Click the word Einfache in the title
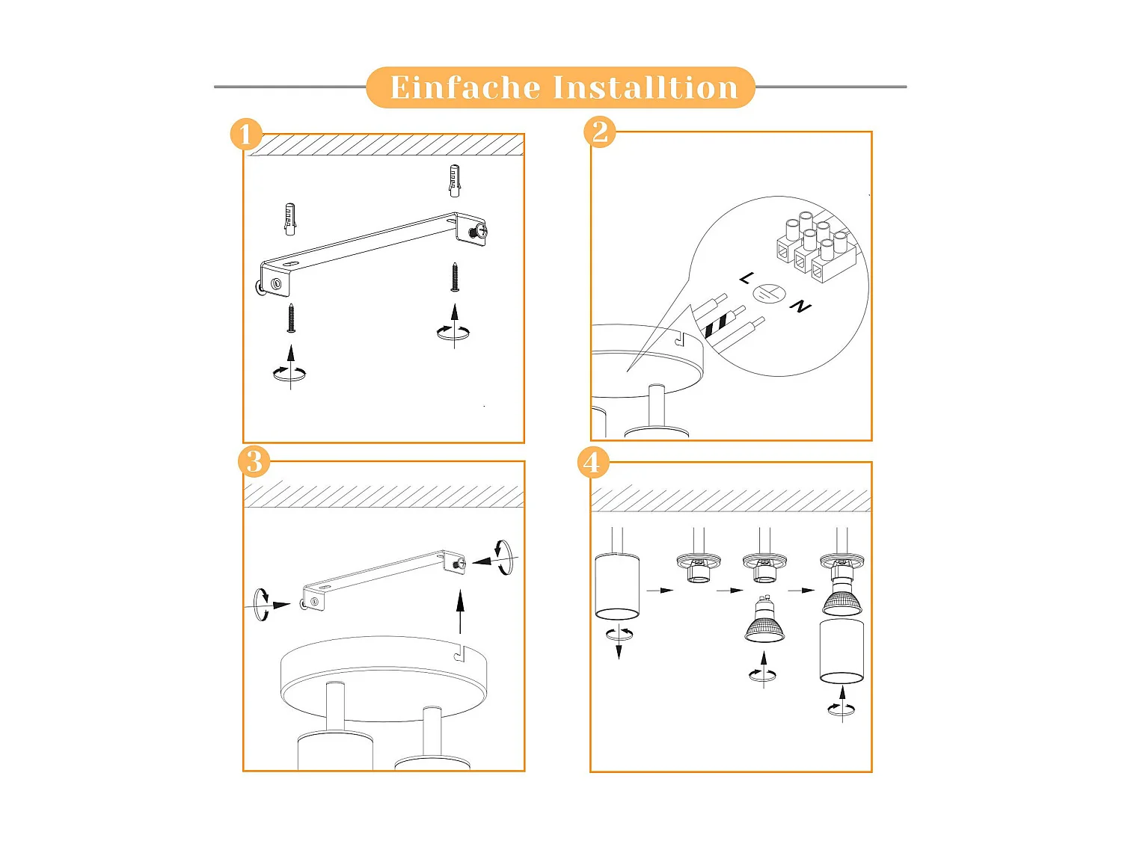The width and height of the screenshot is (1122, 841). coord(464,87)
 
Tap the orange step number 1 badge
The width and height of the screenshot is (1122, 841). coord(246,135)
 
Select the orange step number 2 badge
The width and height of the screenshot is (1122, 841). coord(600,132)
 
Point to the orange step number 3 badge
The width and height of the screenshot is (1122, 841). coord(254,462)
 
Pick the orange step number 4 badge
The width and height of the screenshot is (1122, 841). coord(592,463)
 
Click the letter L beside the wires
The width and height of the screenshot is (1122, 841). coord(747,278)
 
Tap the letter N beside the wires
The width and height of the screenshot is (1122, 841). coord(800,306)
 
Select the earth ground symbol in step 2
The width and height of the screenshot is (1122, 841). coord(768,295)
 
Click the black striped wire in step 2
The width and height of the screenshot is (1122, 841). coord(715,325)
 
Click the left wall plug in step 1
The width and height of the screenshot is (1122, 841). coord(289,218)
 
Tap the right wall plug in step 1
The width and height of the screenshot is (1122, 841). coord(454,181)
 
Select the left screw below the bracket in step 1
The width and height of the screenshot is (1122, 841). coord(291,318)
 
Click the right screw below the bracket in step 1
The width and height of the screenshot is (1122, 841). coord(455,277)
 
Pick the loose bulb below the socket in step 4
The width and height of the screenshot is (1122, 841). coord(764,623)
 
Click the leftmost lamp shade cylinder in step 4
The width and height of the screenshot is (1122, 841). coord(617,587)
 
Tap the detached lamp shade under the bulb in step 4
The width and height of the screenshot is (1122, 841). coord(841,650)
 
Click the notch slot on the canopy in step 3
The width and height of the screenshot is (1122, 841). coord(461,654)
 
